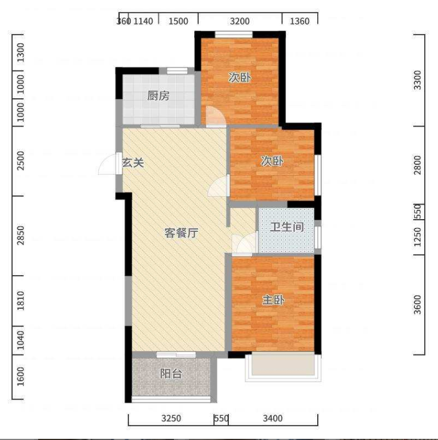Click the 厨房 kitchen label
pos(158,96)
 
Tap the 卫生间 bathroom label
pos(287,227)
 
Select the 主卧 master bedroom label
pos(273,300)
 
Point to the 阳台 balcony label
pos(171,374)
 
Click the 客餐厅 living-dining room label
pos(181,232)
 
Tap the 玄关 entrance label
pos(133,162)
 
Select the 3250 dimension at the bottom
pos(172,419)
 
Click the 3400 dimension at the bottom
pos(273,419)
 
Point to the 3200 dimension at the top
pos(240,21)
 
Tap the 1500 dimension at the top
pos(179,21)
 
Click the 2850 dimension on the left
pos(21,235)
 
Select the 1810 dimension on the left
pos(21,301)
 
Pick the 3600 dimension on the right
pos(418,305)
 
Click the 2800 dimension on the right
pos(418,165)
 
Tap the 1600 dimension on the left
pos(21,376)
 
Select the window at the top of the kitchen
pos(177,71)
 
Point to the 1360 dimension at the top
pos(299,21)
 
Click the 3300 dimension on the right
pos(418,80)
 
